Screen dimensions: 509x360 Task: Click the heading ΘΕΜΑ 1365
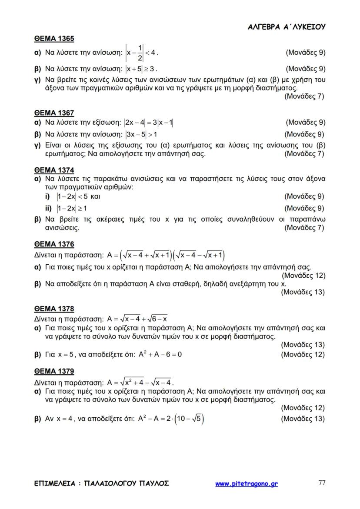[x=54, y=39]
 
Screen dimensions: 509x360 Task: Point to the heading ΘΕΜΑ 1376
[x=54, y=244]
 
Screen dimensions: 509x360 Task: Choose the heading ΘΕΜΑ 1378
[x=54, y=309]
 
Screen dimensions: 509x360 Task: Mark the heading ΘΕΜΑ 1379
[x=54, y=372]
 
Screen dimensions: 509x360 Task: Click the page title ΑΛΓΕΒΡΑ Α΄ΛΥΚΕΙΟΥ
[x=287, y=27]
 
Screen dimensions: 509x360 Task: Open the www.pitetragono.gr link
[x=247, y=483]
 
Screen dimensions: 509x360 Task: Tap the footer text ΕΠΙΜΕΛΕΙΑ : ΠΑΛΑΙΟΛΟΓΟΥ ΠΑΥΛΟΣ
[x=101, y=483]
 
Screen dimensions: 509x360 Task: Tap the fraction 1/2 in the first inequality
[x=140, y=53]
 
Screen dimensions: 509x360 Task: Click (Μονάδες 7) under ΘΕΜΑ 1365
[x=304, y=96]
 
